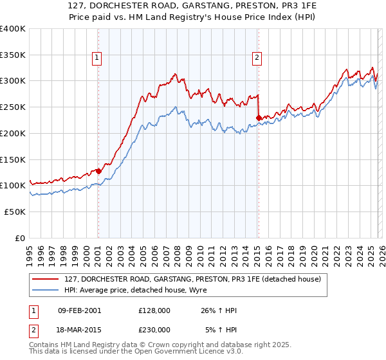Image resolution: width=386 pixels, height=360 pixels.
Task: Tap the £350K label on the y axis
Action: (13, 55)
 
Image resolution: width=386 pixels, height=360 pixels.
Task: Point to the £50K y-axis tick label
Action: (15, 212)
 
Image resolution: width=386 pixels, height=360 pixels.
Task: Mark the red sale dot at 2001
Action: (98, 171)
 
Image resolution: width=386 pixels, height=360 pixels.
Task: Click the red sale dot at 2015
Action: (259, 118)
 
